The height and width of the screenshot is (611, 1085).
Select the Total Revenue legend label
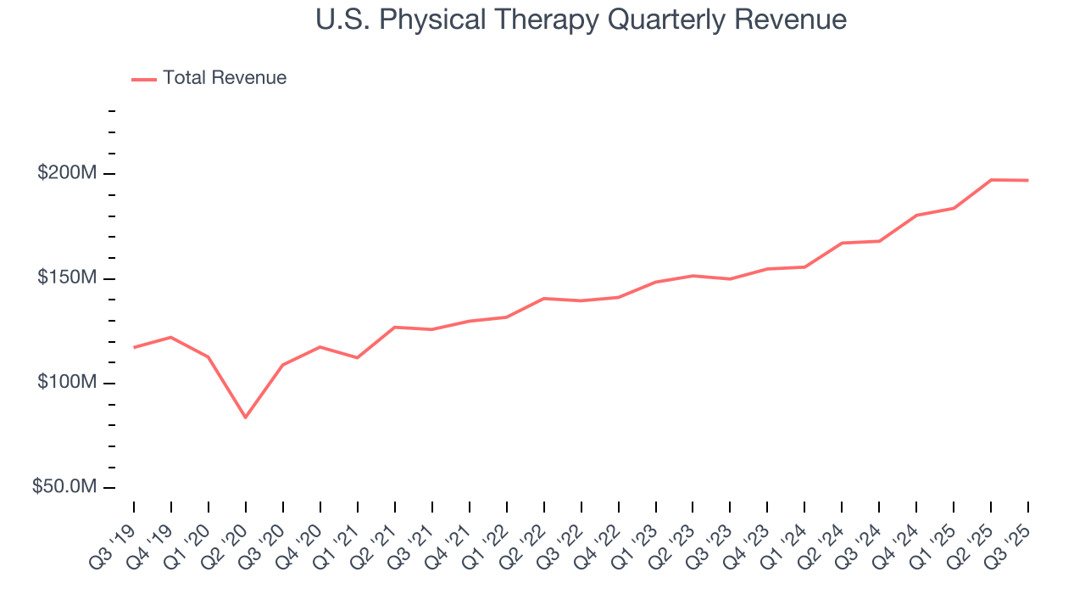[x=225, y=78]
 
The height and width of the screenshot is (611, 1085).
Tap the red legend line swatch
[x=144, y=79]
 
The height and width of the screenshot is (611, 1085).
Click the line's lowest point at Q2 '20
[x=246, y=418]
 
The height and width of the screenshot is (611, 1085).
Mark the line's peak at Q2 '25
[x=991, y=180]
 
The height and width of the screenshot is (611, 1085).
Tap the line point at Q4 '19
[x=171, y=337]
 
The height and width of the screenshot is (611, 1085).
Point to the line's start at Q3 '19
[x=134, y=347]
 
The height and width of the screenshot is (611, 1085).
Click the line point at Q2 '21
[x=395, y=327]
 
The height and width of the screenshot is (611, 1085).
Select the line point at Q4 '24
[x=916, y=216]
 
